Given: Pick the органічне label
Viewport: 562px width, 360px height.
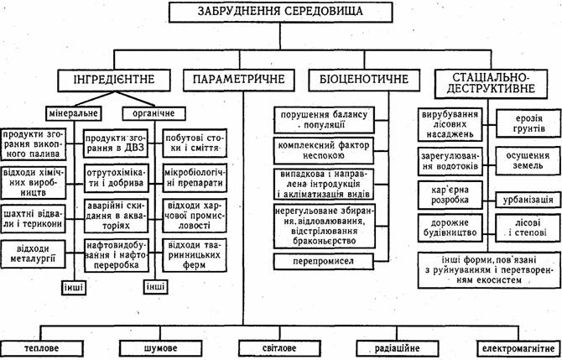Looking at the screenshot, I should pyautogui.click(x=148, y=113).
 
